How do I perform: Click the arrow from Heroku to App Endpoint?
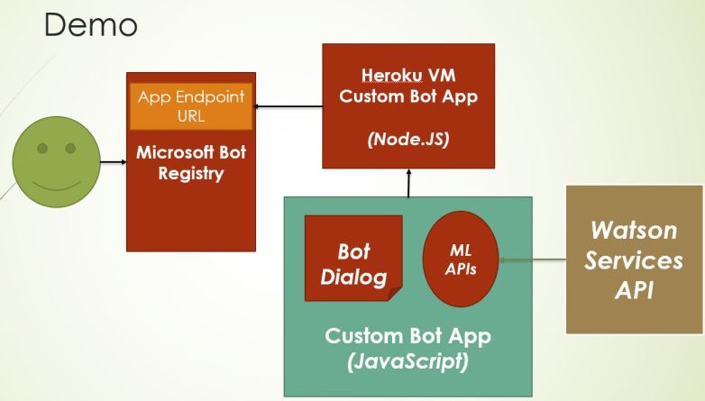coord(288,107)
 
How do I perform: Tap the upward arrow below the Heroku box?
coord(408,183)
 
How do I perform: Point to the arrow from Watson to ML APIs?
coord(532,261)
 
